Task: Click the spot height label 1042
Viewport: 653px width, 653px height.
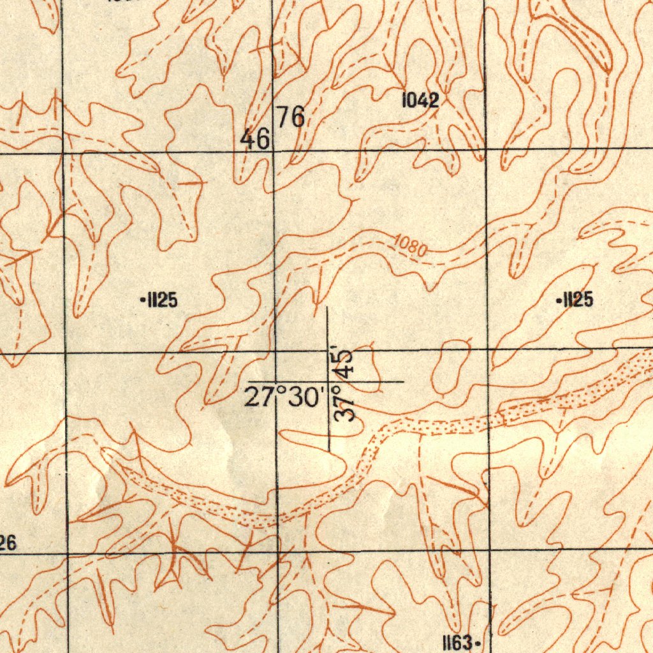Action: [420, 100]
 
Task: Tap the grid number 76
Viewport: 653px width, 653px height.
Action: [290, 117]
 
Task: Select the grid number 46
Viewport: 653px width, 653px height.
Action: [255, 138]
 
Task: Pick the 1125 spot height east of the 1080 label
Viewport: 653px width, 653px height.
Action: [577, 298]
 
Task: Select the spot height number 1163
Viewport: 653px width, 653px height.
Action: [458, 642]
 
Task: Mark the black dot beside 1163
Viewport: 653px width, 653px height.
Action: [478, 643]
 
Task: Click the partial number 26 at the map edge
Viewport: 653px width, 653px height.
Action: [7, 543]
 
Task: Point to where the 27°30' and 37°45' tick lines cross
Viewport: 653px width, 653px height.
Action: [328, 382]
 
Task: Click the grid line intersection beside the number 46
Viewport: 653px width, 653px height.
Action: [273, 152]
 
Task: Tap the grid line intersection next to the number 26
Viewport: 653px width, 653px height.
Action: [67, 552]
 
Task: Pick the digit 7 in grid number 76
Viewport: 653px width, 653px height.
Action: [282, 117]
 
